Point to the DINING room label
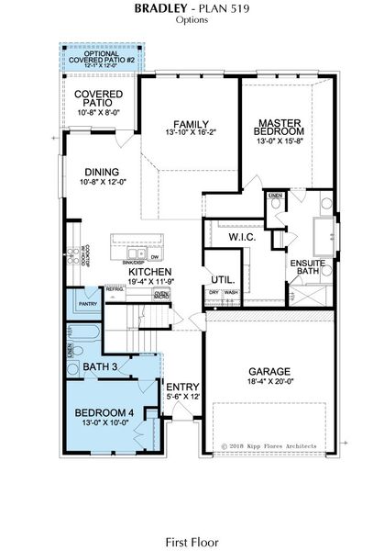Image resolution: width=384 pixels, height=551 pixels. (x=102, y=172)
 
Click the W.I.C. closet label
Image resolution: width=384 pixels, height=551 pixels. (x=242, y=237)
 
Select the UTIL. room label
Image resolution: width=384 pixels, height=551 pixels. (x=222, y=279)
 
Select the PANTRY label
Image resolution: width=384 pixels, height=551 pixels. (x=89, y=303)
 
